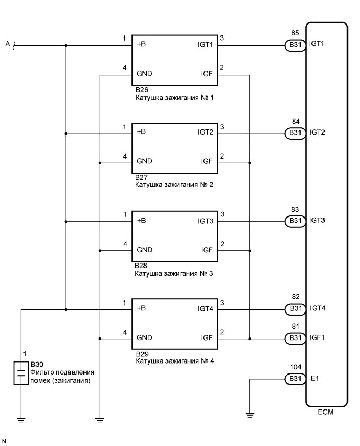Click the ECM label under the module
(x=326, y=412)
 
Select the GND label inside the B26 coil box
(x=145, y=74)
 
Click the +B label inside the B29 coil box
(x=141, y=309)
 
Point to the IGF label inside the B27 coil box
(x=207, y=162)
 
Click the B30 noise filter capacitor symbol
(x=20, y=373)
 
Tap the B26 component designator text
(x=141, y=90)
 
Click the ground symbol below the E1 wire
(x=250, y=415)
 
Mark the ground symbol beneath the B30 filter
(x=20, y=418)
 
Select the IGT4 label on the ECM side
(x=317, y=309)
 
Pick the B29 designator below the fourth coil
(x=142, y=354)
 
